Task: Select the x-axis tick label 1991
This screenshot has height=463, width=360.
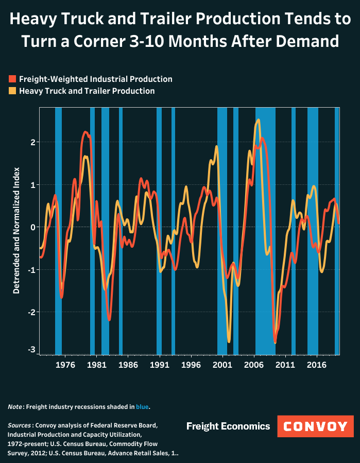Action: point(160,365)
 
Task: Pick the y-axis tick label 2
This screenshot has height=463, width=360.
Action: point(32,142)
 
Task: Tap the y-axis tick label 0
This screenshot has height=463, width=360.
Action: point(32,227)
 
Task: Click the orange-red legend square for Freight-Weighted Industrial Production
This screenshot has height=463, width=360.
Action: point(12,79)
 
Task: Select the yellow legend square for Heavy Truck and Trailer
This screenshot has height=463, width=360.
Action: point(12,91)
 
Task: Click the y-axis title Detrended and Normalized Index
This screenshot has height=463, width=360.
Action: point(16,230)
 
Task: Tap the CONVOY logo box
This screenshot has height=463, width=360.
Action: point(316,426)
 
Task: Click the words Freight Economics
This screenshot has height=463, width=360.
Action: point(228,426)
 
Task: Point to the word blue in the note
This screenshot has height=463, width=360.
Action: point(142,407)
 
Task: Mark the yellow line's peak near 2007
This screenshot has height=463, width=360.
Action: point(258,120)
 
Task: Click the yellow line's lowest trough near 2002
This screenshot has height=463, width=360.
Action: point(229,341)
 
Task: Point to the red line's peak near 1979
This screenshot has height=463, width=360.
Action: point(86,132)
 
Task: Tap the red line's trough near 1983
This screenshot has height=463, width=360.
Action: point(109,320)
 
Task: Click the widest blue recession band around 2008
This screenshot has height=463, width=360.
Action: point(265,232)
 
